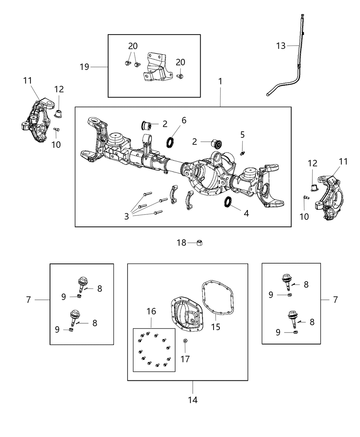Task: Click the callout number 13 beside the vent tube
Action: tap(280, 46)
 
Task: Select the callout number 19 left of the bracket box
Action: tap(84, 67)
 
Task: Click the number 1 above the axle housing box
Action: tap(220, 82)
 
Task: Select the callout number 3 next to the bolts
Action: tap(127, 216)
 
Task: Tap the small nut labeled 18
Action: tap(200, 243)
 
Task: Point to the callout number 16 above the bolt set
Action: tap(151, 311)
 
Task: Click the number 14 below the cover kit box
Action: tap(193, 400)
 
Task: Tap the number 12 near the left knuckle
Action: tap(59, 89)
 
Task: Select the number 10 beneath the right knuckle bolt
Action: tap(304, 217)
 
